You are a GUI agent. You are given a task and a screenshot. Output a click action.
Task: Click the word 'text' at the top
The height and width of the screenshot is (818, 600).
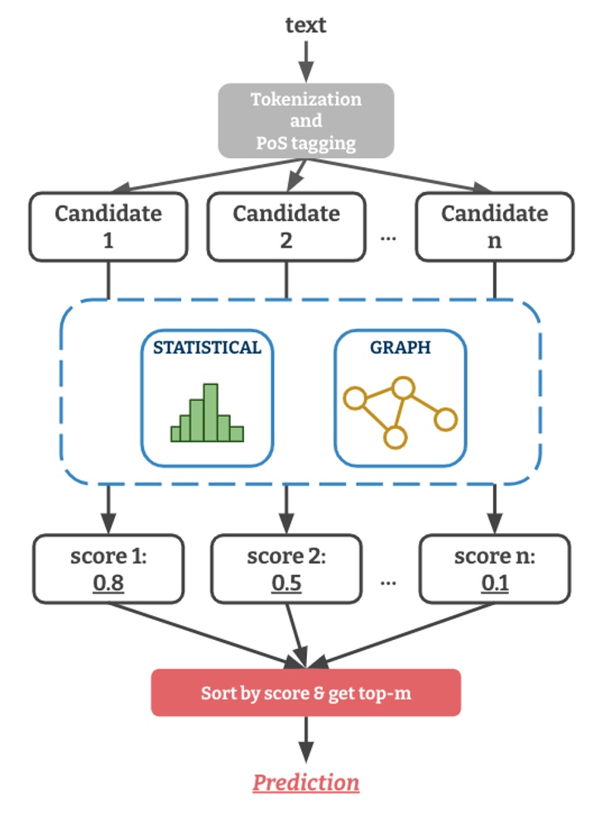(x=305, y=25)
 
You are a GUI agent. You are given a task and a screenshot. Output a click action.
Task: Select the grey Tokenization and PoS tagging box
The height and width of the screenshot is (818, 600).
(x=305, y=121)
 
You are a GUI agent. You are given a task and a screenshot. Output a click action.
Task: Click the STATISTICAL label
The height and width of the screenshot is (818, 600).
(x=207, y=348)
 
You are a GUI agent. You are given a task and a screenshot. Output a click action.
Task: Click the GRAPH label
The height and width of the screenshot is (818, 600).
(x=400, y=348)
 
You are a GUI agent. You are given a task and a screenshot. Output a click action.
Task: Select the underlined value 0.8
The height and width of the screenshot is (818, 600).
(x=108, y=584)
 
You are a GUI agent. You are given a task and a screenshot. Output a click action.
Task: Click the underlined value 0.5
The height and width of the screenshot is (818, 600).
(x=286, y=584)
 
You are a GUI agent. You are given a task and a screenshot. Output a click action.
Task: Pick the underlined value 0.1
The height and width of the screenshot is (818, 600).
(x=494, y=584)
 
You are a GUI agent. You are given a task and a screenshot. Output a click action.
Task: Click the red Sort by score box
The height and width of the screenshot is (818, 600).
(x=305, y=692)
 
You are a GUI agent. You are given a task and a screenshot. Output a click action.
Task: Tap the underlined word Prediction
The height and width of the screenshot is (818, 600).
(x=305, y=782)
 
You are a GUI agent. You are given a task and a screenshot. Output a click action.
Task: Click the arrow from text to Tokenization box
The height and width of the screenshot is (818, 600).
(x=305, y=58)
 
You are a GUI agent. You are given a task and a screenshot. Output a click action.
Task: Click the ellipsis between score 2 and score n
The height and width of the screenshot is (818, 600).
(x=387, y=580)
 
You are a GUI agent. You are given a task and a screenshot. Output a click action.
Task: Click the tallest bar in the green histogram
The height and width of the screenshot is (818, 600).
(x=210, y=412)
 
